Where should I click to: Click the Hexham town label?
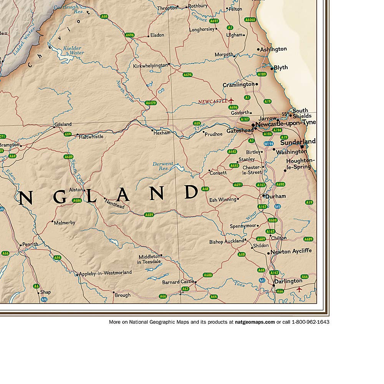pyautogui.click(x=162, y=133)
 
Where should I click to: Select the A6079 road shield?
pyautogui.click(x=151, y=103)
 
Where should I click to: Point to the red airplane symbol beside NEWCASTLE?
pyautogui.click(x=231, y=101)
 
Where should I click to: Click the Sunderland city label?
pyautogui.click(x=298, y=142)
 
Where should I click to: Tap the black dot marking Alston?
pyautogui.click(x=84, y=190)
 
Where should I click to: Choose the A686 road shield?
pyautogui.click(x=77, y=200)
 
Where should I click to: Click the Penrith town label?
pyautogui.click(x=30, y=244)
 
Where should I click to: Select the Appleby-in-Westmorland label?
pyautogui.click(x=105, y=273)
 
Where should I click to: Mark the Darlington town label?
pyautogui.click(x=288, y=281)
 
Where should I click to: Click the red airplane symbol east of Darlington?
pyautogui.click(x=300, y=290)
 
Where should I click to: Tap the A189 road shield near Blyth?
pyautogui.click(x=262, y=74)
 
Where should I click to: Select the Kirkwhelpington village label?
pyautogui.click(x=150, y=66)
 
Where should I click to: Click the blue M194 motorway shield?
pyautogui.click(x=268, y=144)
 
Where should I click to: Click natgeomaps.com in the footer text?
pyautogui.click(x=255, y=322)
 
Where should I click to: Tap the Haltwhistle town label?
pyautogui.click(x=91, y=136)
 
